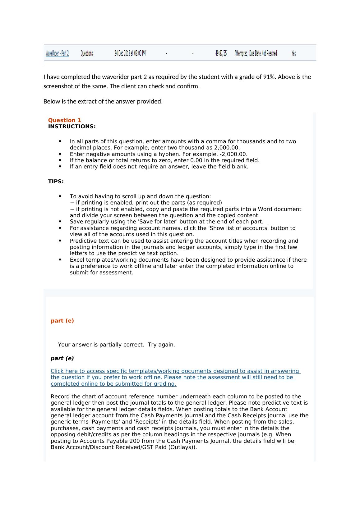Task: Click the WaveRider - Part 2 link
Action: click(x=57, y=53)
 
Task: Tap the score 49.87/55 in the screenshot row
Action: click(x=221, y=53)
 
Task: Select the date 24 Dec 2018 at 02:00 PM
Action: click(x=130, y=53)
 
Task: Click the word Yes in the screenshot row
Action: click(x=293, y=53)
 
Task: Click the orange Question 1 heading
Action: click(x=64, y=120)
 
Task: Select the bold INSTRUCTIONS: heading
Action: click(x=72, y=126)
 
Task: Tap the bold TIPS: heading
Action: click(x=56, y=181)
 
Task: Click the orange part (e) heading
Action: click(x=62, y=321)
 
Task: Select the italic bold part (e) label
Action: click(x=62, y=358)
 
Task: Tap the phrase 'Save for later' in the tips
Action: click(x=143, y=222)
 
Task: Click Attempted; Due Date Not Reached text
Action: click(x=256, y=53)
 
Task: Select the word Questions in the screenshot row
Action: click(x=87, y=53)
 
